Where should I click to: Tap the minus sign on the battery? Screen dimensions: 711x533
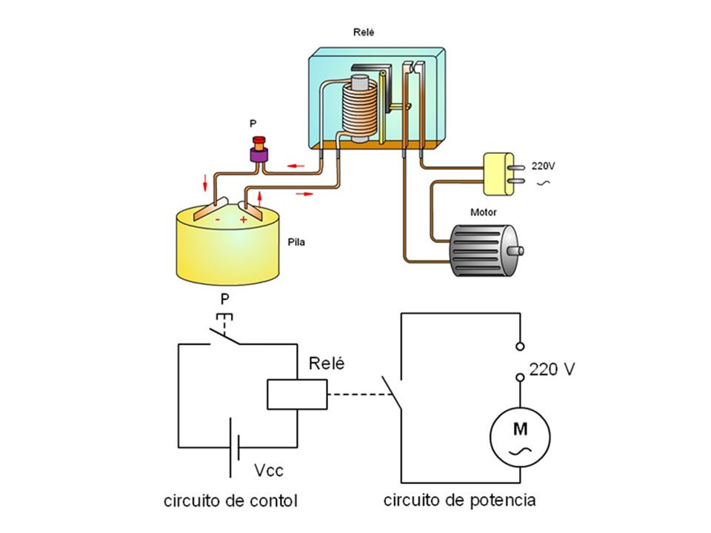218,220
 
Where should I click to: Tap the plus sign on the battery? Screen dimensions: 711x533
244,220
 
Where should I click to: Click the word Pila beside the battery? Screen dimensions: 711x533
296,242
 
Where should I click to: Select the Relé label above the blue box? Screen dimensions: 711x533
364,32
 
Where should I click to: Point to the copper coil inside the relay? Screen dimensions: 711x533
359,109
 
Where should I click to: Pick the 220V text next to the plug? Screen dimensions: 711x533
543,166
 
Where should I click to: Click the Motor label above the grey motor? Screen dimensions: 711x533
484,212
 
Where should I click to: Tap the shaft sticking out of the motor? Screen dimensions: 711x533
516,251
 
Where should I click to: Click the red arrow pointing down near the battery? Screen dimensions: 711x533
205,182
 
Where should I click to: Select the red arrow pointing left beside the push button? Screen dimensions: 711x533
296,166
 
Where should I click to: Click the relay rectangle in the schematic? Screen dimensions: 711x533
297,395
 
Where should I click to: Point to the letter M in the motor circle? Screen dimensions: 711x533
520,429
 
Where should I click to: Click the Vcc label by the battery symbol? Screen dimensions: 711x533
268,470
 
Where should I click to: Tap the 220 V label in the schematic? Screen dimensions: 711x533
552,369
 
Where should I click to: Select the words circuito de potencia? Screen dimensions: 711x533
459,500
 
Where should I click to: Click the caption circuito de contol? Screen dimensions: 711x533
230,501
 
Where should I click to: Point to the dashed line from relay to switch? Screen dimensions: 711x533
360,395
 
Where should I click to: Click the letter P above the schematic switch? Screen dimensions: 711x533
225,299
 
